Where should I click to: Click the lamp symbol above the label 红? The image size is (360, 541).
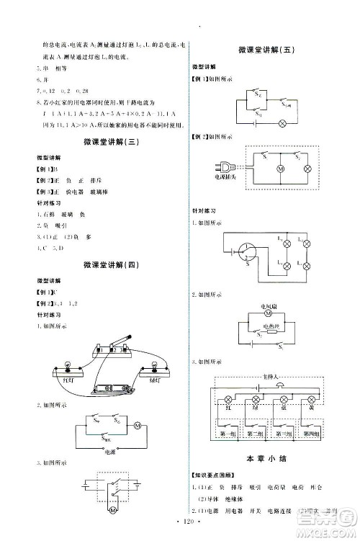(x=230, y=398)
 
